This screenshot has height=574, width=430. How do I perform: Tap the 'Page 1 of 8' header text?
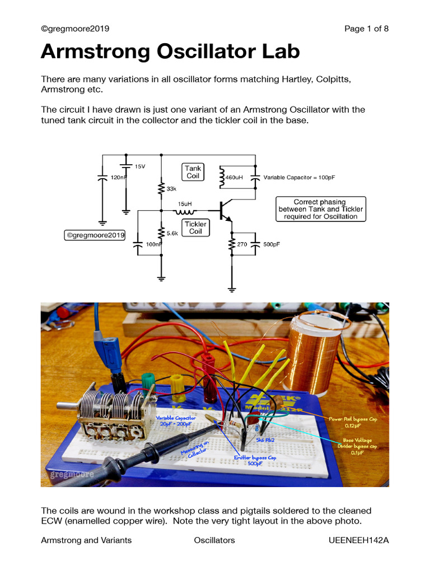click(x=367, y=29)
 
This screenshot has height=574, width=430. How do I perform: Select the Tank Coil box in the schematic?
click(x=193, y=172)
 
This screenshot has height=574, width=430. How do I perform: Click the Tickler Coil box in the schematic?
click(x=195, y=228)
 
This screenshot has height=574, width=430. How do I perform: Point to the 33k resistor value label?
click(x=171, y=189)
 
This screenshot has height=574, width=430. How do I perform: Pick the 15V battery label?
click(x=140, y=166)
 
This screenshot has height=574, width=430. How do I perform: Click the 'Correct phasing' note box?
click(x=320, y=209)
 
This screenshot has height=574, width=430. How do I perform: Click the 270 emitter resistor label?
click(x=242, y=244)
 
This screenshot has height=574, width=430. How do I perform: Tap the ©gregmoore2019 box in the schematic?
click(x=95, y=235)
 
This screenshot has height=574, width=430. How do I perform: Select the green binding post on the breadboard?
click(x=148, y=383)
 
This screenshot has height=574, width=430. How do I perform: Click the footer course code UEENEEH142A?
click(x=358, y=540)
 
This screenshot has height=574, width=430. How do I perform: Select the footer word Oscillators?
click(x=214, y=540)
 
